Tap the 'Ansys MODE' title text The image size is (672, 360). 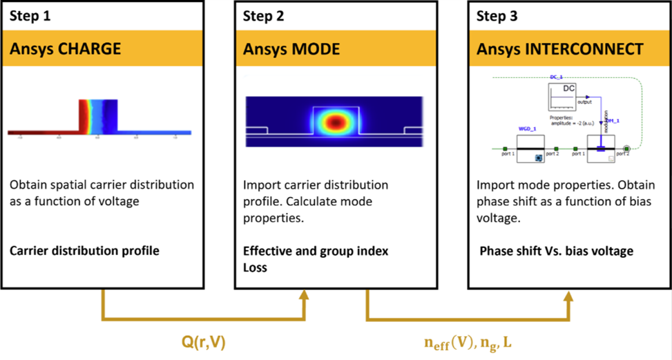pyautogui.click(x=291, y=49)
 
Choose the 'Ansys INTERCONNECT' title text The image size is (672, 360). pyautogui.click(x=560, y=49)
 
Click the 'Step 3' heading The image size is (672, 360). pyautogui.click(x=498, y=16)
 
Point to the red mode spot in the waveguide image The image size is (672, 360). pyautogui.click(x=336, y=122)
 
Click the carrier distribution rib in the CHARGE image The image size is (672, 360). pyautogui.click(x=97, y=117)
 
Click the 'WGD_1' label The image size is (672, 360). pyautogui.click(x=528, y=129)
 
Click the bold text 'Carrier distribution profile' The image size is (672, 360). pyautogui.click(x=84, y=250)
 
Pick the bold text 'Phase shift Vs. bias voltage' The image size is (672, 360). pyautogui.click(x=556, y=251)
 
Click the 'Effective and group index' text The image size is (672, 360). pyautogui.click(x=315, y=251)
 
